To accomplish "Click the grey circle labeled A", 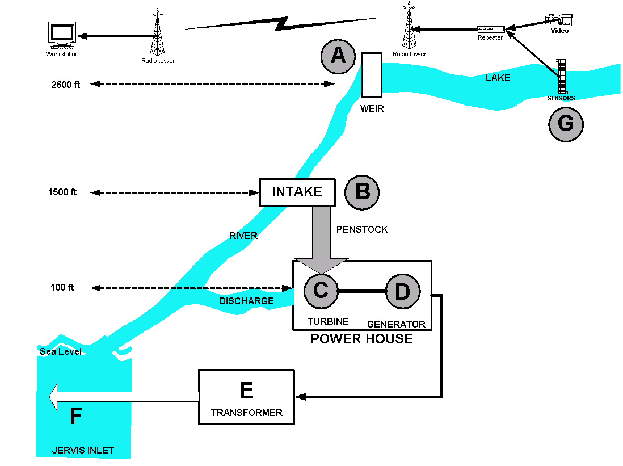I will (x=338, y=56).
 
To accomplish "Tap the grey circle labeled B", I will (x=362, y=192).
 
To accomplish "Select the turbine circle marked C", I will (x=321, y=291).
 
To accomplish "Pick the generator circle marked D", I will (x=402, y=292).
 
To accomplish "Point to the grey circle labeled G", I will (x=566, y=124).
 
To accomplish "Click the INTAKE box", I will (x=297, y=192).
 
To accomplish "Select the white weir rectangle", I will (x=371, y=75).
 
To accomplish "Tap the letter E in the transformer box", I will (x=246, y=391).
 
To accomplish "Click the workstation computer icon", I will (x=61, y=36).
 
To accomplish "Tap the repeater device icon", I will (x=490, y=29).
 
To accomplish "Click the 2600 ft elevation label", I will (x=65, y=85).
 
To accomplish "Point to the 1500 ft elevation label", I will (x=62, y=192).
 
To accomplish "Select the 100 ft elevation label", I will (x=62, y=288).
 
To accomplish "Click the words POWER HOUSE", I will (x=361, y=339).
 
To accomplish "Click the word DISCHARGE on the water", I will (x=246, y=301).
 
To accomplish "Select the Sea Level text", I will (x=61, y=352).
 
